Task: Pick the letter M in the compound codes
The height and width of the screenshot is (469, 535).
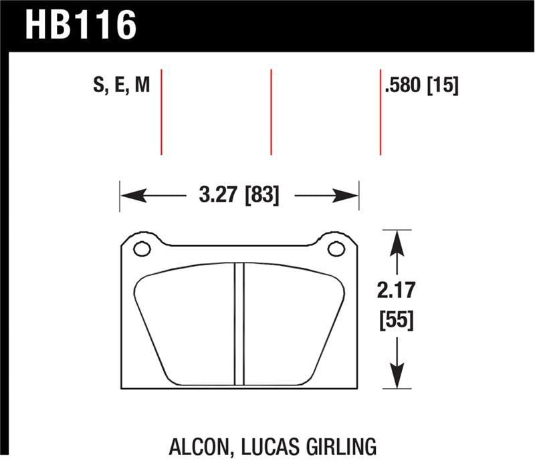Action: pos(140,86)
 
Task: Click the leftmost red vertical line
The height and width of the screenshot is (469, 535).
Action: pos(162,111)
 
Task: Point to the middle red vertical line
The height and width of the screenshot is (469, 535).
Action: pos(271,111)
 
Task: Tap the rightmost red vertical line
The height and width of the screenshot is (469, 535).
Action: pos(381,111)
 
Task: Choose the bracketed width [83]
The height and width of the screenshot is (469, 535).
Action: pos(261,196)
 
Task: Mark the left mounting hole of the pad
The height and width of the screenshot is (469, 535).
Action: pos(142,249)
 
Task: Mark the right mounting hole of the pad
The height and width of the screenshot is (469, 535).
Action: pos(336,249)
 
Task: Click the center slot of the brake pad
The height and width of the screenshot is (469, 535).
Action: pos(239,324)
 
